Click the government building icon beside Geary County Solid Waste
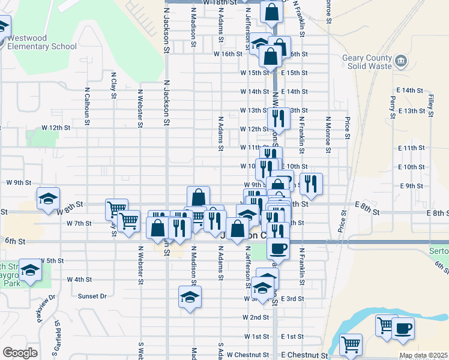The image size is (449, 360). [x=401, y=61]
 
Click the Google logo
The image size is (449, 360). [x=20, y=352]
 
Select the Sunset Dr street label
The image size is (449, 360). [x=92, y=296]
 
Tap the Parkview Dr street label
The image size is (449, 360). [x=46, y=307]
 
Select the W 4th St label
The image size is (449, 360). [x=79, y=279]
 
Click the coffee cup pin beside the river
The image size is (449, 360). [x=404, y=328]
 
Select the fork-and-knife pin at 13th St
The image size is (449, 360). [x=279, y=117]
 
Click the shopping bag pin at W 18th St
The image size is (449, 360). [x=271, y=11]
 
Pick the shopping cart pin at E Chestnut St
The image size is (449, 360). [x=351, y=344]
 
